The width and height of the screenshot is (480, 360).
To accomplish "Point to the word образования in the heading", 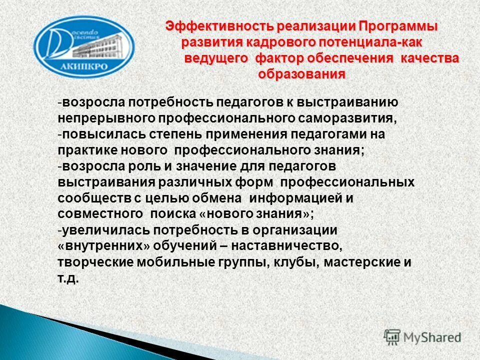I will point(301,74).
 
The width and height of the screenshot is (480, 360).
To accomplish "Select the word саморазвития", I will point(344,119).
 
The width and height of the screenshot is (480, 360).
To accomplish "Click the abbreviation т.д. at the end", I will point(68,279).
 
